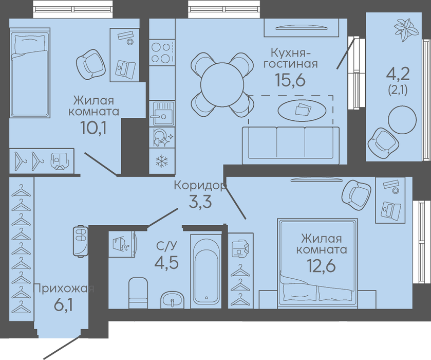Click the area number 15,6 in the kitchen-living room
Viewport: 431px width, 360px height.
(290, 80)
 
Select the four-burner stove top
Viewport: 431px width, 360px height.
(162, 52)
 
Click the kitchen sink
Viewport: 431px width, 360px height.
(162, 113)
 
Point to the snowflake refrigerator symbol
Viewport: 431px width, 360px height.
(162, 161)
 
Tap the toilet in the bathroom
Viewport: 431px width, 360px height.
(138, 293)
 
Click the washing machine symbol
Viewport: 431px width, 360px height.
(122, 244)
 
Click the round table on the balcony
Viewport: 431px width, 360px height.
(402, 120)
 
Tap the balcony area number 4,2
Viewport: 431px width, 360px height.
(398, 74)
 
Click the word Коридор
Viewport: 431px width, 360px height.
(200, 186)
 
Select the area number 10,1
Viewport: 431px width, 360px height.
(93, 127)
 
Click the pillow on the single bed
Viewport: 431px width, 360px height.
(29, 45)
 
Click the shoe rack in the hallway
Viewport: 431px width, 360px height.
(81, 241)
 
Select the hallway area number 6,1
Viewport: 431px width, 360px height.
(64, 305)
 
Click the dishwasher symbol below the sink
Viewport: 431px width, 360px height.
(162, 137)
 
